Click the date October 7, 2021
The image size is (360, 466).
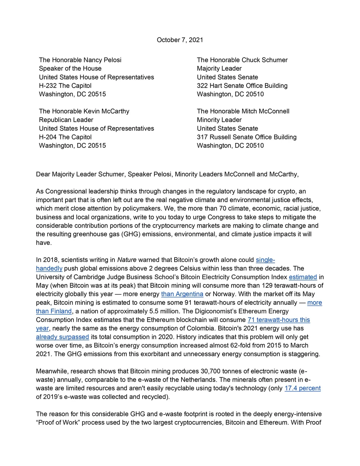[180, 40]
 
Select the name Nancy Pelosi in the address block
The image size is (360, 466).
[102, 60]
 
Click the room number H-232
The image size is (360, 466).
[48, 86]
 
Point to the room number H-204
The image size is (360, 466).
[48, 137]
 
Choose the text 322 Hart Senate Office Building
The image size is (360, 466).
[242, 86]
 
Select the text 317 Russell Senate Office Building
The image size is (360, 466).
[247, 137]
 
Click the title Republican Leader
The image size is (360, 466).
[66, 120]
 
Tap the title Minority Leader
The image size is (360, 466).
[219, 120]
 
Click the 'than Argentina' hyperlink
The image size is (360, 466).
[182, 294]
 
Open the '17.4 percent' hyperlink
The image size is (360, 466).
[302, 388]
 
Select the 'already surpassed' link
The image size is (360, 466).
[62, 337]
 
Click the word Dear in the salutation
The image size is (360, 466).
[43, 174]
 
